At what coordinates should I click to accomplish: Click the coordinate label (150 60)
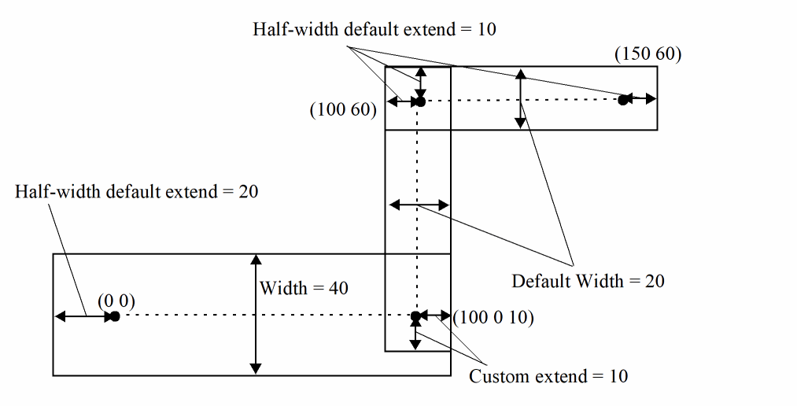point(648,54)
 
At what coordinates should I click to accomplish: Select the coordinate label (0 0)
point(116,301)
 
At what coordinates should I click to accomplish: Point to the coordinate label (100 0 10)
point(494,318)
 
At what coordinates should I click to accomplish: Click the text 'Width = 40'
point(304,288)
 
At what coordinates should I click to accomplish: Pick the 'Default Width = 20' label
point(588,281)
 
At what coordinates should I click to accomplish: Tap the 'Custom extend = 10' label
point(548,376)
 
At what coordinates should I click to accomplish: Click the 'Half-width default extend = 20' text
point(137,191)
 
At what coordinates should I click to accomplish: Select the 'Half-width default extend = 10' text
point(375,30)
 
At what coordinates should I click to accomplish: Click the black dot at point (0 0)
point(114,316)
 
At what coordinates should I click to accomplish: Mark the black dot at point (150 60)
point(623,100)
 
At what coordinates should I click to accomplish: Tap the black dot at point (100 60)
point(420,101)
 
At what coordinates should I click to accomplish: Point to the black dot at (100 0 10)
point(415,317)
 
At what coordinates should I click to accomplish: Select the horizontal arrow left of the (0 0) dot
point(83,316)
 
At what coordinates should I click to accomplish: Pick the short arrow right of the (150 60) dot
point(642,99)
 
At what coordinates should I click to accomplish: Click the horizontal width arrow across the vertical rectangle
point(419,205)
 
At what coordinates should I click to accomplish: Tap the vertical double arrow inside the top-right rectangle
point(520,98)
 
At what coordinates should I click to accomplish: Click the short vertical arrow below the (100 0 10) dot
point(415,335)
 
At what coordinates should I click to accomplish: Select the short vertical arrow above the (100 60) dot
point(421,82)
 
